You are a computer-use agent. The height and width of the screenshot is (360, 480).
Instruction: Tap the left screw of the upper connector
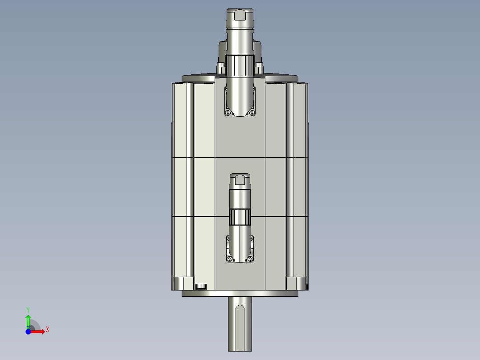pos(228,113)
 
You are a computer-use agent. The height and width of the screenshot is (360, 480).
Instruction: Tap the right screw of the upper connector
pos(252,113)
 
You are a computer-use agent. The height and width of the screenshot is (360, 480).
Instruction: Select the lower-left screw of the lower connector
pos(230,259)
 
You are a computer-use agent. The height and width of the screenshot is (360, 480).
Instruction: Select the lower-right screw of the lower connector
pos(251,259)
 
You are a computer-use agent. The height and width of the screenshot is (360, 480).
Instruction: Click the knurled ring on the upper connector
pos(240,65)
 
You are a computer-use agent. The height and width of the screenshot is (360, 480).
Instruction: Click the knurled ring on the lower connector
pos(240,217)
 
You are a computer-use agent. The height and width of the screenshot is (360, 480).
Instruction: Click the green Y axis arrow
pos(28,319)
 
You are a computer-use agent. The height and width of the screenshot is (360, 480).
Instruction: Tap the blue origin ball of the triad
pos(28,331)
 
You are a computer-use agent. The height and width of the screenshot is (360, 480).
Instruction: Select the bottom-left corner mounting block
pos(183,283)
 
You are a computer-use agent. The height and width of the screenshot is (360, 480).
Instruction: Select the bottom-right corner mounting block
pos(295,283)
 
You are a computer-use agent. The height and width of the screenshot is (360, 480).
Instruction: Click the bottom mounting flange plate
pos(240,294)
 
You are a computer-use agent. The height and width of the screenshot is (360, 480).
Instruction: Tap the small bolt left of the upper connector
pos(220,68)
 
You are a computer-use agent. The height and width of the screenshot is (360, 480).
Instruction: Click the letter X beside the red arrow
pos(48,329)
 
